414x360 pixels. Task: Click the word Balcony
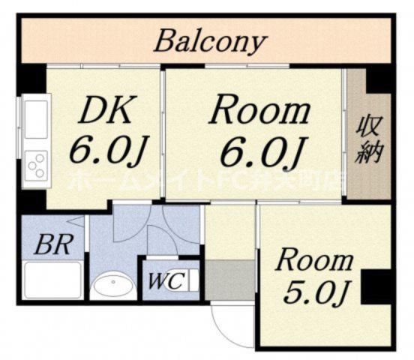click(x=211, y=43)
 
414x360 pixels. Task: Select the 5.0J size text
click(x=316, y=292)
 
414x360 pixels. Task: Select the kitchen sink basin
click(x=36, y=119)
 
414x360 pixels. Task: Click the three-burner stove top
click(x=36, y=166)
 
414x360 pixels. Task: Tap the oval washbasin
click(x=114, y=286)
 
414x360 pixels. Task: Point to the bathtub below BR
click(x=52, y=280)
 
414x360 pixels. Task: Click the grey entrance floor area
click(x=229, y=280)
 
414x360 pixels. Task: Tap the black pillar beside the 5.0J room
click(x=376, y=286)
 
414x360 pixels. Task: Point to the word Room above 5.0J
click(x=314, y=261)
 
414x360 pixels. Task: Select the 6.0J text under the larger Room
click(x=261, y=152)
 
